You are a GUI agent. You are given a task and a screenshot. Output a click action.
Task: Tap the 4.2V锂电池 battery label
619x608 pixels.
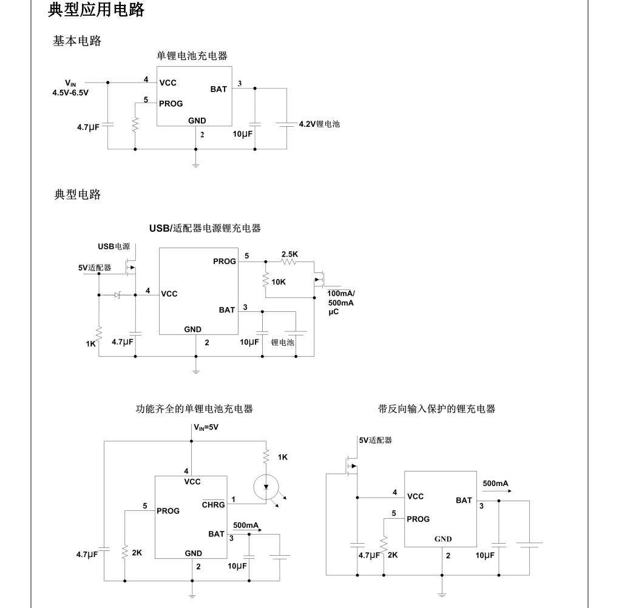tap(319, 124)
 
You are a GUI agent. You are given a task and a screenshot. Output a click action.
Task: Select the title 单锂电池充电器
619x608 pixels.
tap(192, 56)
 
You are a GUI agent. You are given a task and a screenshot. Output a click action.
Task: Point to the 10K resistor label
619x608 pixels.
tap(279, 282)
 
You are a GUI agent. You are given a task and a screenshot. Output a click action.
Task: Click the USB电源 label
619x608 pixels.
tap(114, 246)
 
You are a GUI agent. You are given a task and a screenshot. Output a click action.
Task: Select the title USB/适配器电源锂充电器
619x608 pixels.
tap(205, 228)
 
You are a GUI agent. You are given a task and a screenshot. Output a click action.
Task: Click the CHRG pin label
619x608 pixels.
tap(214, 504)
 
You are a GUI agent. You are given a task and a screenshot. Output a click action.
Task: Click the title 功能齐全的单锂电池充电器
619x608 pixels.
tap(194, 409)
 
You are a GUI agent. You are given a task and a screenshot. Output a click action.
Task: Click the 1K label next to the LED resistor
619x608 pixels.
tap(282, 456)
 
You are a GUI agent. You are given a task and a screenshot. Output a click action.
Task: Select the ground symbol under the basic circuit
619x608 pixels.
tap(195, 162)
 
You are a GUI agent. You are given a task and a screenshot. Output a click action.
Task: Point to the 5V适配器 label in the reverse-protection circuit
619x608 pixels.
tap(375, 440)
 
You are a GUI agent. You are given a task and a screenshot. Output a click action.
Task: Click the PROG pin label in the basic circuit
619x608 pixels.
tap(171, 104)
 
